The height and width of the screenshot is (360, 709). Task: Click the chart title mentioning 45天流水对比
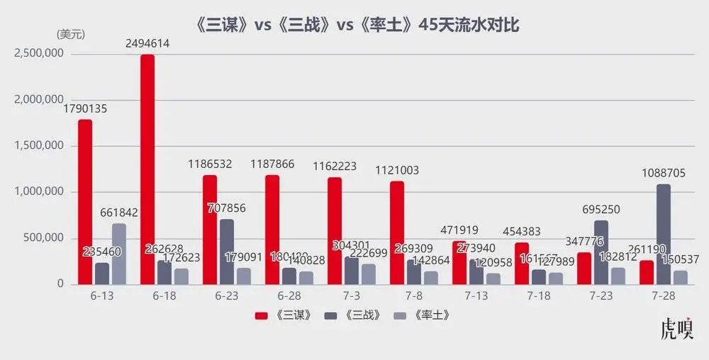(357, 26)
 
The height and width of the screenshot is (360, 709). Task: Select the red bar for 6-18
(147, 170)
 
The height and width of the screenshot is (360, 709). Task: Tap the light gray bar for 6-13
(118, 254)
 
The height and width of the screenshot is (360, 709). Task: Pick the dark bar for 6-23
(226, 252)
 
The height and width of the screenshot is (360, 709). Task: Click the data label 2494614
(147, 44)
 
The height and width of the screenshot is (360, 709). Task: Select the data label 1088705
(663, 173)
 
